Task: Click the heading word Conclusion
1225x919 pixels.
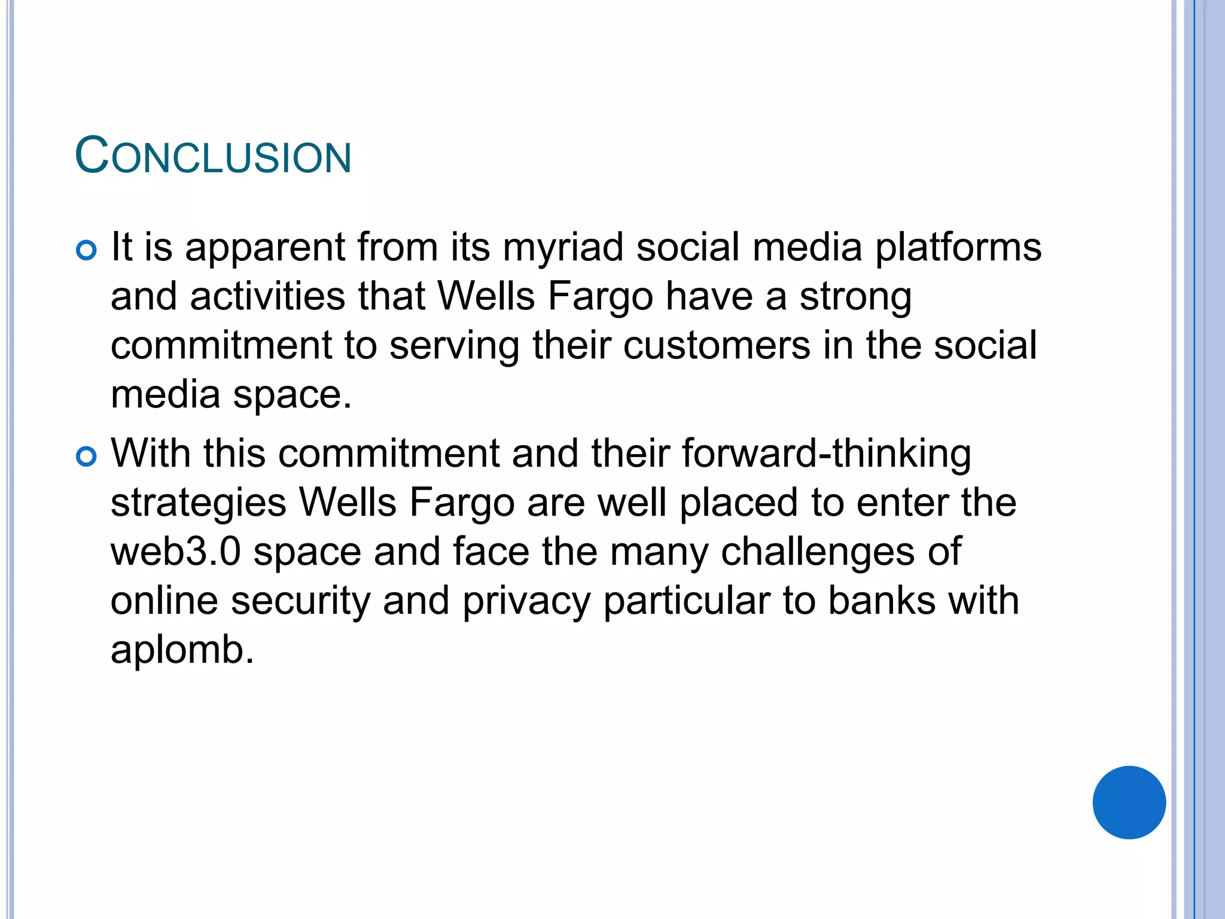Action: (x=213, y=157)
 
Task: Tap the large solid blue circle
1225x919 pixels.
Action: (x=1129, y=802)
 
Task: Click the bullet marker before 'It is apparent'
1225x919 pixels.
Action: (x=87, y=250)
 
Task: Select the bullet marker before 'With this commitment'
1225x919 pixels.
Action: (x=87, y=457)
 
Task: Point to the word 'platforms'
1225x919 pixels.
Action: (x=958, y=248)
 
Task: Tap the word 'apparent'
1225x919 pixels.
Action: (x=265, y=248)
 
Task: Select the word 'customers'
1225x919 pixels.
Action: (x=717, y=346)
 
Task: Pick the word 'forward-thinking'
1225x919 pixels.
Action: (x=826, y=454)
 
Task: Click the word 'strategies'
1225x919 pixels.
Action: (x=199, y=503)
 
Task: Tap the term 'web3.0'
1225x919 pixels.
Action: (x=176, y=552)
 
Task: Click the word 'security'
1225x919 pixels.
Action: (x=301, y=601)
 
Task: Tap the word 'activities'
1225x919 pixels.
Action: (x=268, y=297)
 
